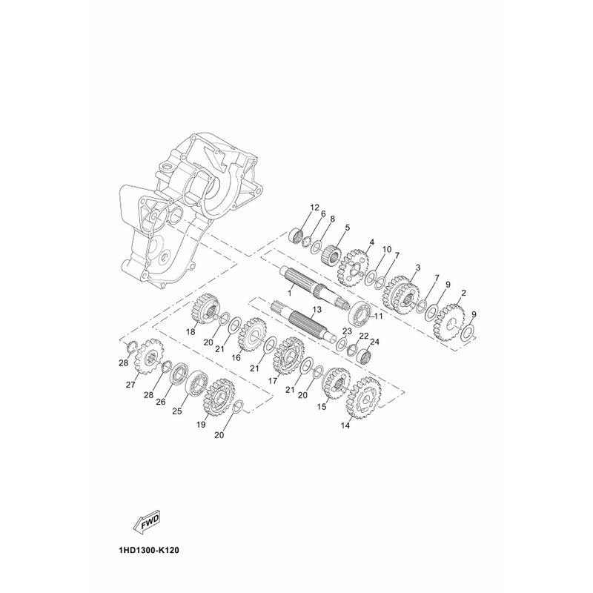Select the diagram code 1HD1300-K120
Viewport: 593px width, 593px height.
coord(149,550)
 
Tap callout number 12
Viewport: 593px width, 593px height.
coord(314,208)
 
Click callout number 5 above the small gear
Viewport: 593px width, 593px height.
coord(347,228)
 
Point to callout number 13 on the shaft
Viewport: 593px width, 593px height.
coord(317,310)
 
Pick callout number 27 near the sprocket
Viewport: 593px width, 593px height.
coord(130,385)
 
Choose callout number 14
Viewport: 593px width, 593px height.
coord(345,425)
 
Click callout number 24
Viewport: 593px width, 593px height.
coord(374,342)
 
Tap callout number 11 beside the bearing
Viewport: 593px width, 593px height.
coord(379,317)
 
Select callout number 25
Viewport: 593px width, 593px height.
coord(177,411)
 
